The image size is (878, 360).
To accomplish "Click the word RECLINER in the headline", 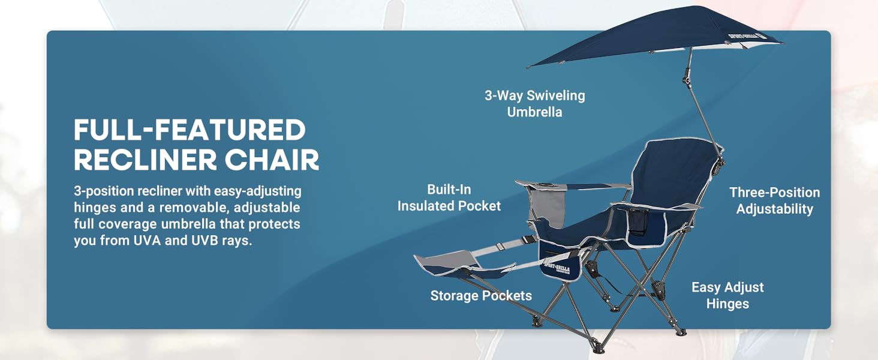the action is click(145, 160).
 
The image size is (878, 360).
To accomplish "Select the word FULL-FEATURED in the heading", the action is click(190, 130).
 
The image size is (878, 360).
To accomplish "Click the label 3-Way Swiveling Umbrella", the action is click(534, 104).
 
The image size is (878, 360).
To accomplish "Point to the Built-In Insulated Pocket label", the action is click(449, 197).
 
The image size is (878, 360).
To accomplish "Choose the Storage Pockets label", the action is click(481, 295).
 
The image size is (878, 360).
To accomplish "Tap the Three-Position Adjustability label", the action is click(774, 200).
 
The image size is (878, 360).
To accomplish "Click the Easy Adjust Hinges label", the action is click(727, 295).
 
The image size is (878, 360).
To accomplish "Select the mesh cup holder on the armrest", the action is click(638, 223).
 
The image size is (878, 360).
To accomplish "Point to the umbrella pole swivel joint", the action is click(686, 77).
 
